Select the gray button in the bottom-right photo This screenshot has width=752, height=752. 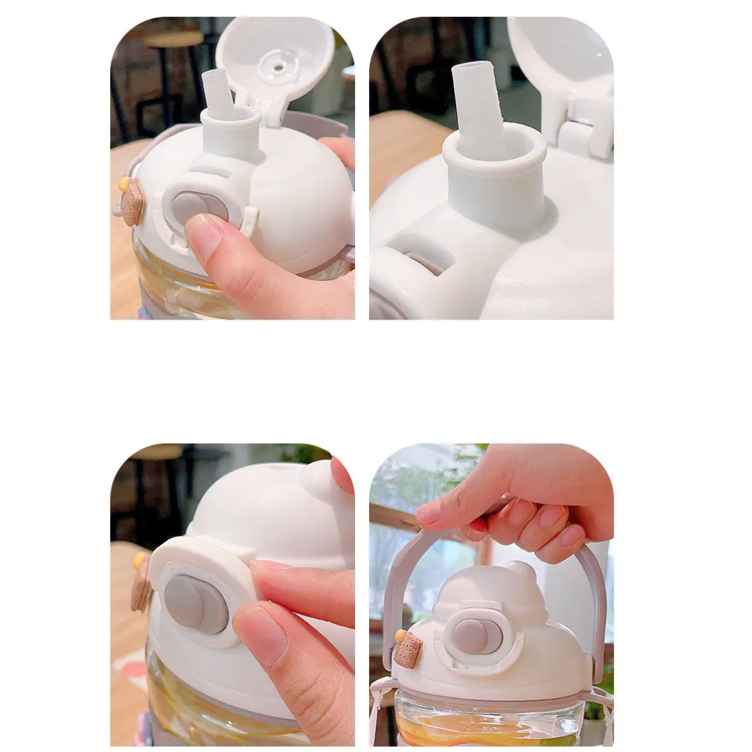[476, 635]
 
